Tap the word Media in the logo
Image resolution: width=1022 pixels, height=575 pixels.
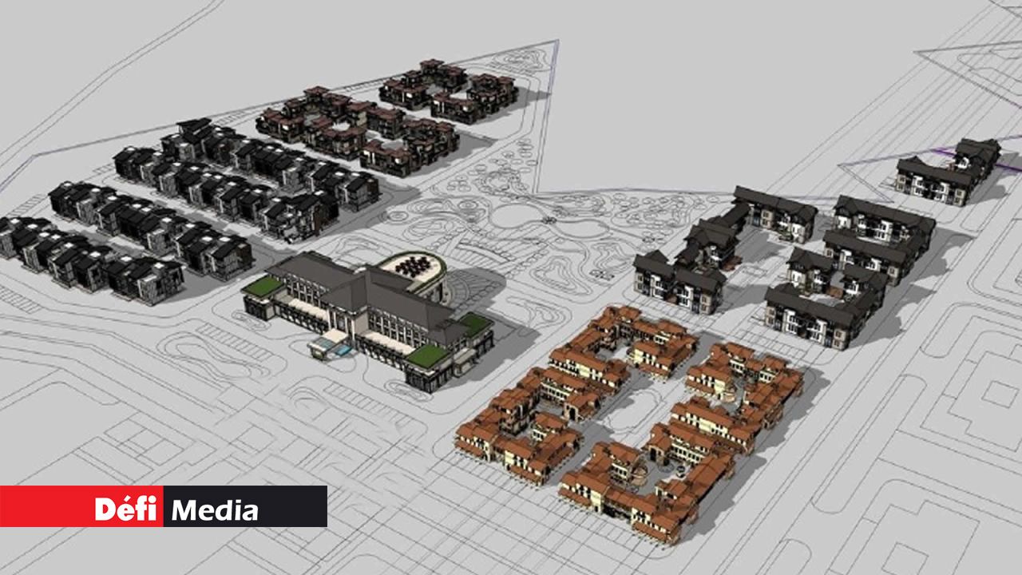(x=215, y=510)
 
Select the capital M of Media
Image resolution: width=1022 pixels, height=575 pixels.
(x=184, y=510)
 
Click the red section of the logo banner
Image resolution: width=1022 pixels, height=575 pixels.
(x=81, y=506)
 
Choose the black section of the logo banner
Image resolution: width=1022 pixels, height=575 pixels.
(x=245, y=506)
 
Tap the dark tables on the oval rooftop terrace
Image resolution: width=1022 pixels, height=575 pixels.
(x=413, y=266)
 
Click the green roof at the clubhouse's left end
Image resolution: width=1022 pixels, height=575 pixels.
(x=263, y=286)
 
